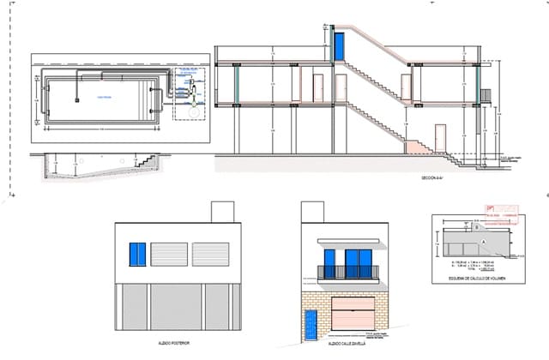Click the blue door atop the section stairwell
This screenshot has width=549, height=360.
(340, 45)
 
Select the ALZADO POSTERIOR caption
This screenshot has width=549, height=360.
(175, 342)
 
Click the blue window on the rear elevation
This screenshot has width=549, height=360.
(137, 254)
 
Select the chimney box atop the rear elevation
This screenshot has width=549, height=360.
(222, 211)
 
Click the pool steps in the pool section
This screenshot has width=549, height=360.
(148, 161)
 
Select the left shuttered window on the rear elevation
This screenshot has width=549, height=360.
(169, 255)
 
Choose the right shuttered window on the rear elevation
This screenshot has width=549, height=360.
(210, 255)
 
